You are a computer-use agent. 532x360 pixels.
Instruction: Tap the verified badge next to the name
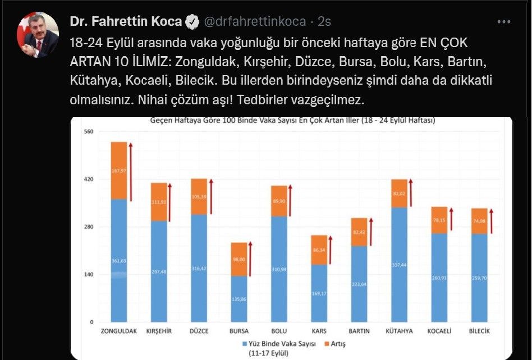(192, 22)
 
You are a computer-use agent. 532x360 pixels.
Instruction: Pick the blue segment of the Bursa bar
(239, 299)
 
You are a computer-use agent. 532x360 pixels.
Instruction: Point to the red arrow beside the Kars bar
(331, 250)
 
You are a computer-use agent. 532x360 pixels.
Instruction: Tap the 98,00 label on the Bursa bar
(239, 259)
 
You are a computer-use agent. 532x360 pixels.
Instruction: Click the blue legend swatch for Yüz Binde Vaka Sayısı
(244, 343)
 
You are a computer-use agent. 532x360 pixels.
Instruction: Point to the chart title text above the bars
(292, 121)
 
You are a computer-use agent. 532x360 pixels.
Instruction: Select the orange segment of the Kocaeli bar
(439, 220)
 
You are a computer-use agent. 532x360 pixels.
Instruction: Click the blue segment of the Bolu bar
(279, 269)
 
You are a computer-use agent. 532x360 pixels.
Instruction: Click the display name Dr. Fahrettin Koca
(126, 22)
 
